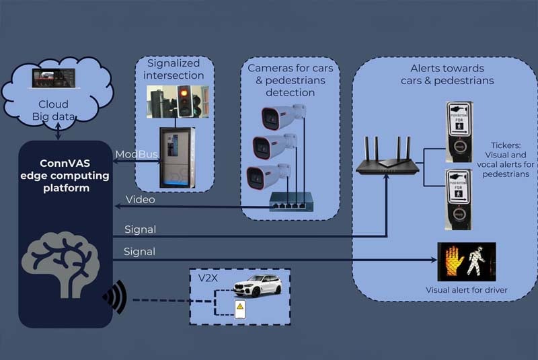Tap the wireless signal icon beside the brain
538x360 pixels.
(114, 295)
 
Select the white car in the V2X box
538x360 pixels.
(257, 285)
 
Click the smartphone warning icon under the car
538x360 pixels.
(239, 309)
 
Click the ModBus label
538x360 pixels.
(136, 155)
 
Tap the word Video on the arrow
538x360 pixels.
(140, 200)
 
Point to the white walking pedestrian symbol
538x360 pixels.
(477, 261)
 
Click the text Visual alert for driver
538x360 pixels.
(466, 291)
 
